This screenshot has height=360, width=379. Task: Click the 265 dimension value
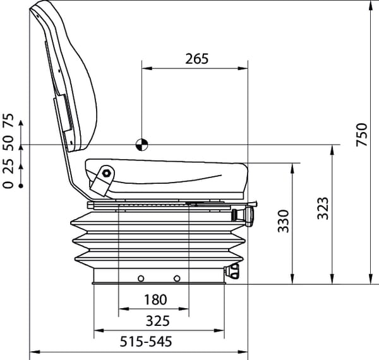pyautogui.click(x=196, y=59)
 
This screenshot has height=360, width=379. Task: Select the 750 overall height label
pyautogui.click(x=362, y=135)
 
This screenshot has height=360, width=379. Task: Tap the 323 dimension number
pyautogui.click(x=323, y=208)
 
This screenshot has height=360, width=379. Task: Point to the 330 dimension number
pyautogui.click(x=283, y=221)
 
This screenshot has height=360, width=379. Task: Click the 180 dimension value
pyautogui.click(x=155, y=299)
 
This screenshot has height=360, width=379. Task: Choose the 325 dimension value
pyautogui.click(x=158, y=321)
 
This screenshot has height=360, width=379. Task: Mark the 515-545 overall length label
pyautogui.click(x=146, y=342)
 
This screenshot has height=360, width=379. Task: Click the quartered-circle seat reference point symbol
pyautogui.click(x=141, y=145)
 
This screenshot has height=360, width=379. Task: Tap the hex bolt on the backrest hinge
pyautogui.click(x=106, y=173)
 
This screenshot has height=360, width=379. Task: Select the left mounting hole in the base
pyautogui.click(x=141, y=279)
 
